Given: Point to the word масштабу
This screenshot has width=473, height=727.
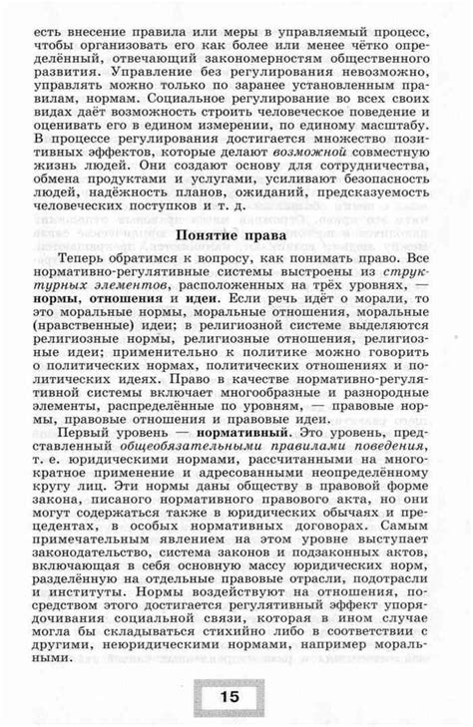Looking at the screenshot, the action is pyautogui.click(x=397, y=120).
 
